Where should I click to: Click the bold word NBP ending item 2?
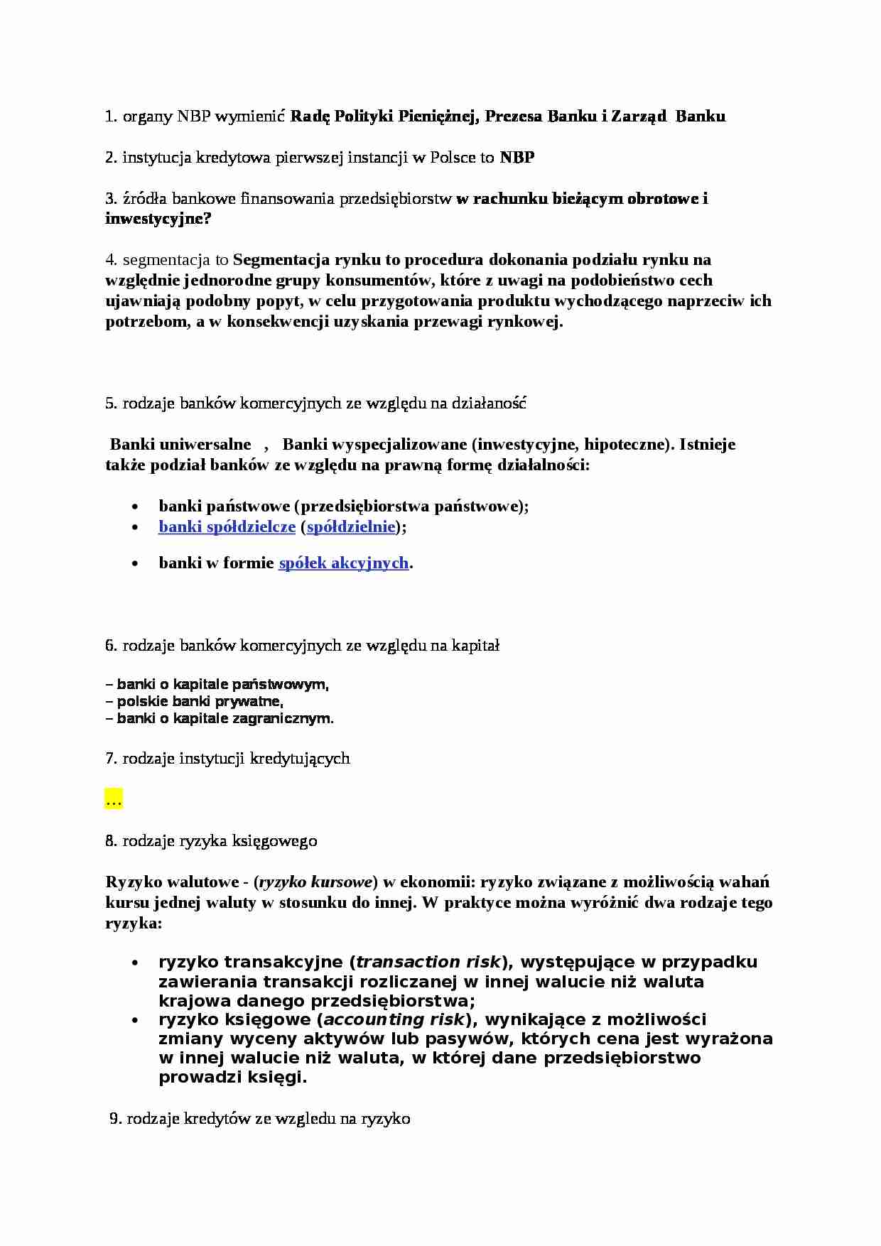click(517, 158)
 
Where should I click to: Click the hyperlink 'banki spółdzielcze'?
click(227, 527)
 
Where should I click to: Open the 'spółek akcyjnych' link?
click(343, 563)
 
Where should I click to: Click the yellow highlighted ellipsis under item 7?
click(113, 800)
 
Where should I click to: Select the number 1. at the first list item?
click(111, 117)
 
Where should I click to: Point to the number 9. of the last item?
click(115, 1119)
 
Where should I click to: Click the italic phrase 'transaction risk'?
click(428, 963)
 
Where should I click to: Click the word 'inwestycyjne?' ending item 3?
click(158, 219)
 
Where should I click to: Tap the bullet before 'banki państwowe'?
click(135, 506)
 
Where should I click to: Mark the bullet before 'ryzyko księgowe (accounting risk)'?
click(135, 1020)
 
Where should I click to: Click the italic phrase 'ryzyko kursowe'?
click(315, 882)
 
